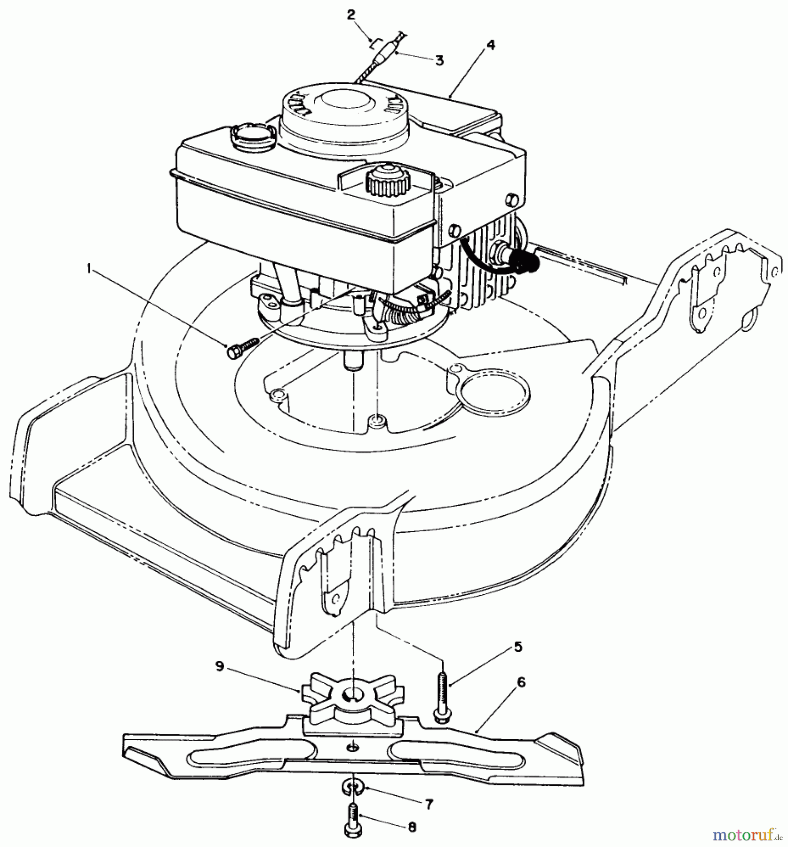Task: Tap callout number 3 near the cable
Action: [x=439, y=61]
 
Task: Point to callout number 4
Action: [x=490, y=45]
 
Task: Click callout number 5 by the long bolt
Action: [x=517, y=647]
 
